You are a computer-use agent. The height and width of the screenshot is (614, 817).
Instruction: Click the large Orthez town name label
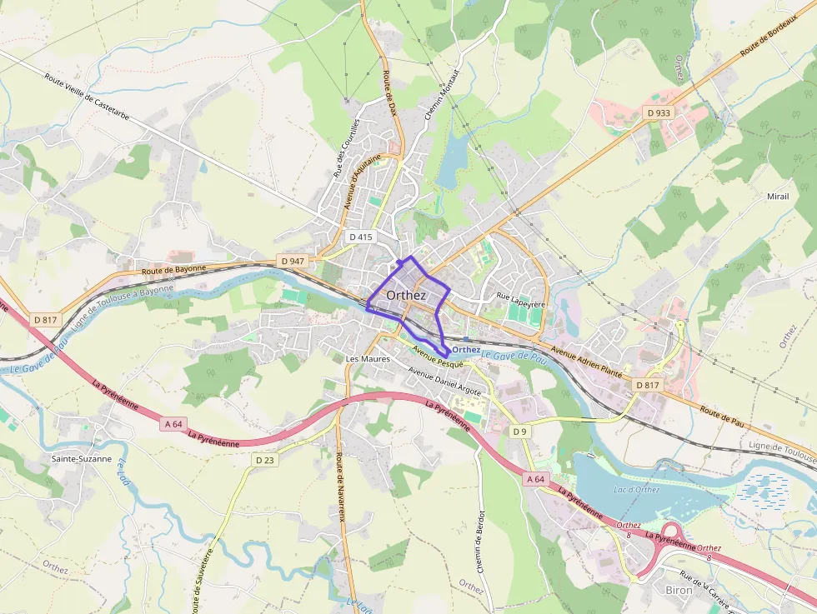coord(406,296)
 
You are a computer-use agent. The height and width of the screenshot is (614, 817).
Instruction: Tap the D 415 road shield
coord(360,237)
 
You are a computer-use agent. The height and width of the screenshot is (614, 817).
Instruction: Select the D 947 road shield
coord(293,261)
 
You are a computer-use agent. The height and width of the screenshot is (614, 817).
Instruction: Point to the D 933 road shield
coord(658,112)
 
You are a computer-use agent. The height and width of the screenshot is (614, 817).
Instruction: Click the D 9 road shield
coord(520,431)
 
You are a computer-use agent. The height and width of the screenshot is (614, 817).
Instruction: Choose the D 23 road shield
coord(265,460)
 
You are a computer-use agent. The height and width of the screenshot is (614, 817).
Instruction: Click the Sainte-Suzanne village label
coord(81,459)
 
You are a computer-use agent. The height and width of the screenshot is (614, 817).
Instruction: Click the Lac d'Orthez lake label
coord(636,489)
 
